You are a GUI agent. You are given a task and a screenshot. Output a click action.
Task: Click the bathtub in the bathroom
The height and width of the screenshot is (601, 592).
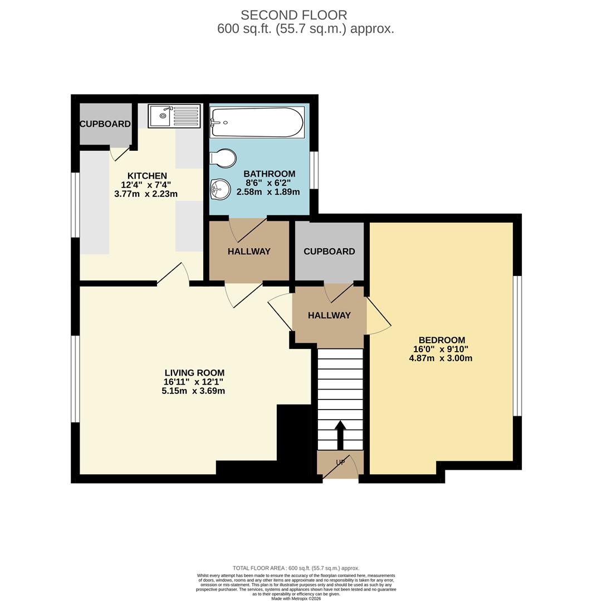[x=257, y=122]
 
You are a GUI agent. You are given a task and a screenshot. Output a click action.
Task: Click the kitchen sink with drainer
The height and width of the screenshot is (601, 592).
[x=174, y=116]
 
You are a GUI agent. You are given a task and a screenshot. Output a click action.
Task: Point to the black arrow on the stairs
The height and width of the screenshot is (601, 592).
[x=340, y=433]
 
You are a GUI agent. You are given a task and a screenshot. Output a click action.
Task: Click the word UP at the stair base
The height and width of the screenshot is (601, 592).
[x=340, y=462]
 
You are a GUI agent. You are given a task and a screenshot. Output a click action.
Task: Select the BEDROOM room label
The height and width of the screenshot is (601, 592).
[x=442, y=340]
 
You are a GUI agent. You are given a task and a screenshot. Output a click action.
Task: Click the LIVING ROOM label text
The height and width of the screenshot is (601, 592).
[x=194, y=373]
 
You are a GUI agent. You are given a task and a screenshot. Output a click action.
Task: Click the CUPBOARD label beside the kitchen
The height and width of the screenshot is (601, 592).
[x=105, y=124]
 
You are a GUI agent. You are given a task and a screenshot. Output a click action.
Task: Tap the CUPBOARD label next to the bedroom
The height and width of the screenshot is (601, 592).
[x=329, y=252]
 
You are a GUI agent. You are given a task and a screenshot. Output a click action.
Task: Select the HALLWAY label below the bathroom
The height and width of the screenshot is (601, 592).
[x=249, y=252]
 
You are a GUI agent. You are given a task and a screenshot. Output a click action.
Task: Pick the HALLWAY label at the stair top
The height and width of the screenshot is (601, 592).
[x=329, y=316]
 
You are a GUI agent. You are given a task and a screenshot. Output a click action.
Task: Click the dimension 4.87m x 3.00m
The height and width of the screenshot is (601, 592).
[x=441, y=358]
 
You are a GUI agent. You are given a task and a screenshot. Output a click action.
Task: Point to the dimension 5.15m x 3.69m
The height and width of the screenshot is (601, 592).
[x=193, y=391]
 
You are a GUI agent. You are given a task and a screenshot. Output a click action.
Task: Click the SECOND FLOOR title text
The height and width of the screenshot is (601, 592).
[x=293, y=15]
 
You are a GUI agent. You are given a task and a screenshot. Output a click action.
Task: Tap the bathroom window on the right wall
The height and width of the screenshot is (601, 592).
[x=315, y=170]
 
